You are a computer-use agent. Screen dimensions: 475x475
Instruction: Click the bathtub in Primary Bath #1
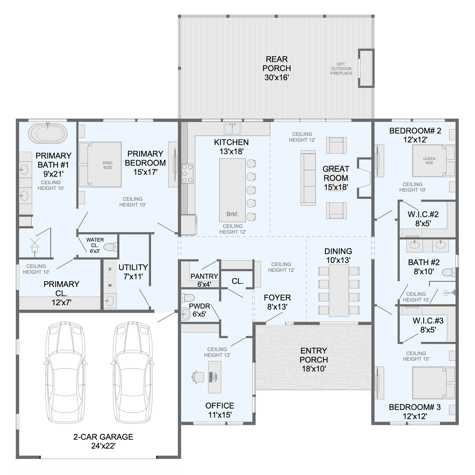[48, 134]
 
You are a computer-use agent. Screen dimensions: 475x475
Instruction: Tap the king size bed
[100, 164]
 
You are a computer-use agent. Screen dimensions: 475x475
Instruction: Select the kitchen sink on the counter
[232, 129]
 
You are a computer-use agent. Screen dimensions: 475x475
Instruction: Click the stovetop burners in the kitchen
[187, 174]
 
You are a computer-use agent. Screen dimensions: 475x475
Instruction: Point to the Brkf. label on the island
[232, 214]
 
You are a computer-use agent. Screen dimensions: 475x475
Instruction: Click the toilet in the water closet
[111, 247]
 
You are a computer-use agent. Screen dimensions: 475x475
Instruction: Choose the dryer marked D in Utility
[110, 269]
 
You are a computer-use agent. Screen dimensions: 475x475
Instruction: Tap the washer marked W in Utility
[110, 285]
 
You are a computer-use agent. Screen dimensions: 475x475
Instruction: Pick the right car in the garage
[133, 372]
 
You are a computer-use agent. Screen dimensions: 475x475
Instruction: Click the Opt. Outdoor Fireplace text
[341, 69]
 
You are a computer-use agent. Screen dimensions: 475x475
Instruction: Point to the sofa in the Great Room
[308, 178]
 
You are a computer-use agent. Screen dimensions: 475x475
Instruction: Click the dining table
[339, 291]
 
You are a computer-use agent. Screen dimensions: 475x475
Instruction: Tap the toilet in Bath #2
[449, 272]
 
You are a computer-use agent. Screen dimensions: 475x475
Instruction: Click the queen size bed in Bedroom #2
[433, 161]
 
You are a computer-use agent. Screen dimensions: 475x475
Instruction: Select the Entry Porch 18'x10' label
[313, 360]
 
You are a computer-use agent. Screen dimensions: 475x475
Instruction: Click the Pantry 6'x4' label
[204, 280]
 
